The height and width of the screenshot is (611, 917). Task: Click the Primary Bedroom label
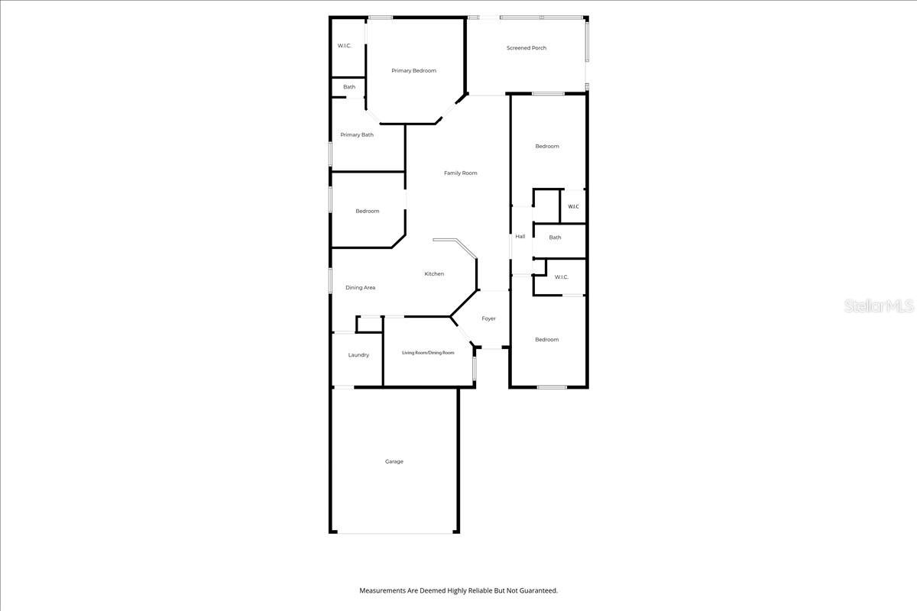(413, 71)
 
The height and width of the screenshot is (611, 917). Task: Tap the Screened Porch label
(527, 48)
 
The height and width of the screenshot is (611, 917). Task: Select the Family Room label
(460, 173)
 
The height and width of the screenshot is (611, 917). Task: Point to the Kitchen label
(434, 274)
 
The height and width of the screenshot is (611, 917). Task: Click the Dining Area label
(360, 288)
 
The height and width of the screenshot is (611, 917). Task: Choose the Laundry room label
(358, 355)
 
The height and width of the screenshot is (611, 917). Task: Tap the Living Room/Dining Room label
(428, 353)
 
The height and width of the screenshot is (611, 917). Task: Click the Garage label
(394, 461)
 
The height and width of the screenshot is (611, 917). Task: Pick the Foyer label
(488, 318)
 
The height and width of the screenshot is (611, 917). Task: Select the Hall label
(520, 237)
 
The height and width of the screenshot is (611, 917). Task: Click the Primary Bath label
(357, 135)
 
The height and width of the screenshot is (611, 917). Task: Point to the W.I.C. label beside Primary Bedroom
(344, 46)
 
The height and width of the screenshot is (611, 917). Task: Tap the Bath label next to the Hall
(555, 238)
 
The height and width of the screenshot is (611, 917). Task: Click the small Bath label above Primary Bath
(348, 87)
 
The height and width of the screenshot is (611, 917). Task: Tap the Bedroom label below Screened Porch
(546, 147)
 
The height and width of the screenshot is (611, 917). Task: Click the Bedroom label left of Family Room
(367, 212)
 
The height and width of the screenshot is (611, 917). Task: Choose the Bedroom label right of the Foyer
(546, 340)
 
